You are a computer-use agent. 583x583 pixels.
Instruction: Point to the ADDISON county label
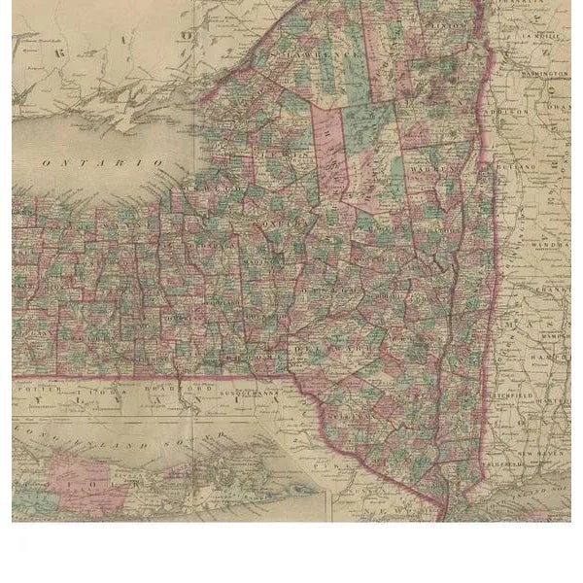pos(509,112)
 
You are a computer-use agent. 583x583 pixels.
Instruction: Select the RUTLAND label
pos(517,167)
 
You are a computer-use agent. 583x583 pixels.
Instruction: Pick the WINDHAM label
pos(548,245)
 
